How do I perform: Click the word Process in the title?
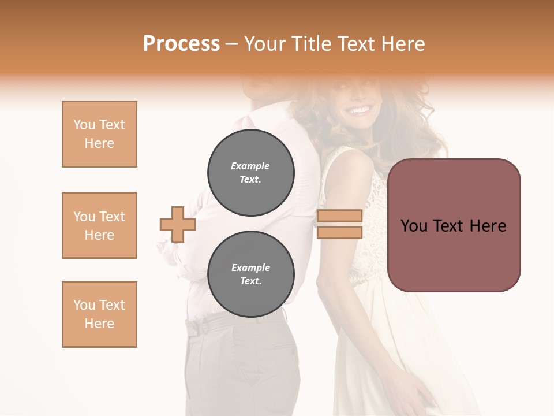click(x=181, y=44)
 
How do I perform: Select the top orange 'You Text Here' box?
click(x=99, y=134)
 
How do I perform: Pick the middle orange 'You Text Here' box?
click(x=99, y=225)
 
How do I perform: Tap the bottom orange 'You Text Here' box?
click(x=99, y=314)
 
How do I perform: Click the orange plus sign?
click(x=178, y=224)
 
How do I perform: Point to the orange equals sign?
click(x=339, y=224)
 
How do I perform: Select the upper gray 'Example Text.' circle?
click(x=251, y=173)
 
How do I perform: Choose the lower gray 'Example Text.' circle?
click(x=251, y=274)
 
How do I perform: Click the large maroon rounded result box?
click(x=454, y=225)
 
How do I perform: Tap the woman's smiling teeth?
click(x=360, y=110)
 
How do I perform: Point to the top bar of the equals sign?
click(x=339, y=216)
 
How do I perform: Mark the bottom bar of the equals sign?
click(x=339, y=232)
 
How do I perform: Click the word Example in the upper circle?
click(x=250, y=166)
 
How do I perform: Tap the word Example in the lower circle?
click(x=250, y=268)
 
